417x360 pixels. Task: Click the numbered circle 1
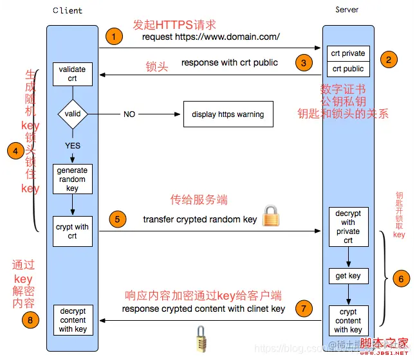[114, 37]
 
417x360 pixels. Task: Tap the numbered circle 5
[116, 219]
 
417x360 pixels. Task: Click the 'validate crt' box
[72, 74]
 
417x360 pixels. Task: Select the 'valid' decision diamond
[73, 114]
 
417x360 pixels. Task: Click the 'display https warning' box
[228, 114]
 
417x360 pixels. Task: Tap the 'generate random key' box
[72, 179]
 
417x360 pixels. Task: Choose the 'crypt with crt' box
[72, 231]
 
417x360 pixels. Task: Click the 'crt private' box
[348, 53]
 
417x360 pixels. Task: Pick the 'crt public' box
[348, 69]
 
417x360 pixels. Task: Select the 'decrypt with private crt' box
[348, 227]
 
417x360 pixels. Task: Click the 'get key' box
[348, 276]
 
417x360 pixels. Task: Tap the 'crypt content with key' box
[348, 320]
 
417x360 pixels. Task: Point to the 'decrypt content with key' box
[72, 320]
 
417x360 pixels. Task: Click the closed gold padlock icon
[271, 215]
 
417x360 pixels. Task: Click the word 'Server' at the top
[347, 10]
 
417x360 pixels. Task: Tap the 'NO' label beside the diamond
[129, 114]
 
